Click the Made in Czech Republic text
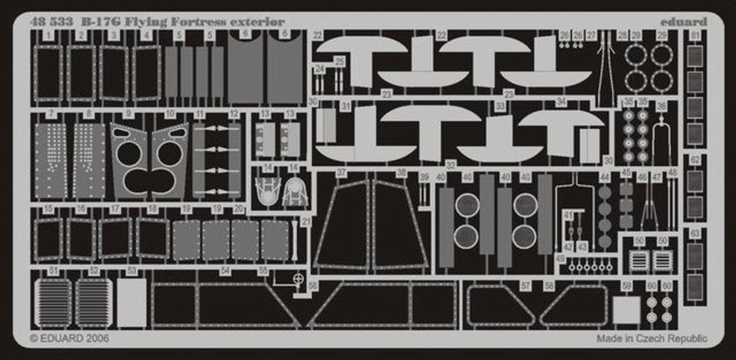(651, 339)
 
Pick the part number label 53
(131, 270)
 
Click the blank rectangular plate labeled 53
(131, 302)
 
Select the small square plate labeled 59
(626, 310)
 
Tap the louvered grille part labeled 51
(53, 302)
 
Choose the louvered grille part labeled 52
(93, 302)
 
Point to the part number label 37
(342, 172)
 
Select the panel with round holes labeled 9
(131, 161)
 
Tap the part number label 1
(48, 36)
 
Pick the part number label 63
(695, 234)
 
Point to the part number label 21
(306, 221)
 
